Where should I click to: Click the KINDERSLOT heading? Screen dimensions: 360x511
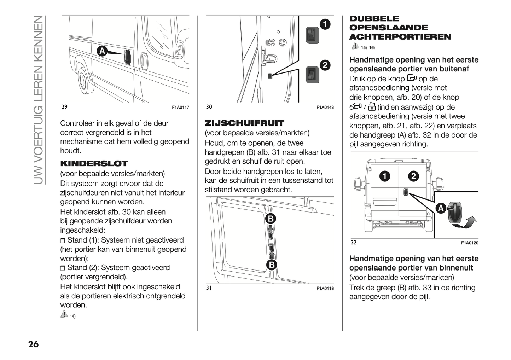(x=94, y=164)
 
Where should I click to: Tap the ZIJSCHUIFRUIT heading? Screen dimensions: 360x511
(x=244, y=123)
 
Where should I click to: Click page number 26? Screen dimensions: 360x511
(x=33, y=344)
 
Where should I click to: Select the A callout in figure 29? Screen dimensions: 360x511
(x=102, y=51)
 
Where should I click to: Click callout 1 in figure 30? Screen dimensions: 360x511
(x=324, y=24)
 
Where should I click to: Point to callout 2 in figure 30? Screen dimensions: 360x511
(x=324, y=65)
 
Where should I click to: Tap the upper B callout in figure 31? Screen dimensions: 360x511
(x=271, y=219)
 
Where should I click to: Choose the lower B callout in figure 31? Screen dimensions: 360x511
(x=271, y=265)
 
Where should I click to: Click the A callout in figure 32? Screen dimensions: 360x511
(x=441, y=208)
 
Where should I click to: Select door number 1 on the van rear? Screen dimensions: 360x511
(x=385, y=176)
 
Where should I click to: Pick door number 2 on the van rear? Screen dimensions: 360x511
(x=413, y=176)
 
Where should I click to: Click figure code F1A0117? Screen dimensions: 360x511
(x=180, y=107)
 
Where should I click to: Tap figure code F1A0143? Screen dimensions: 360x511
(x=325, y=107)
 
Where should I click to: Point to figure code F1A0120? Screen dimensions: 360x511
(x=470, y=243)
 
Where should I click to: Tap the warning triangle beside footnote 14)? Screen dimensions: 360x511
(x=64, y=314)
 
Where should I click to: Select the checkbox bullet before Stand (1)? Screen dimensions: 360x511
(x=63, y=241)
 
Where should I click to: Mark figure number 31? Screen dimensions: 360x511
(x=209, y=288)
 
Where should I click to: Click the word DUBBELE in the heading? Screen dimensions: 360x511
(x=374, y=19)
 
